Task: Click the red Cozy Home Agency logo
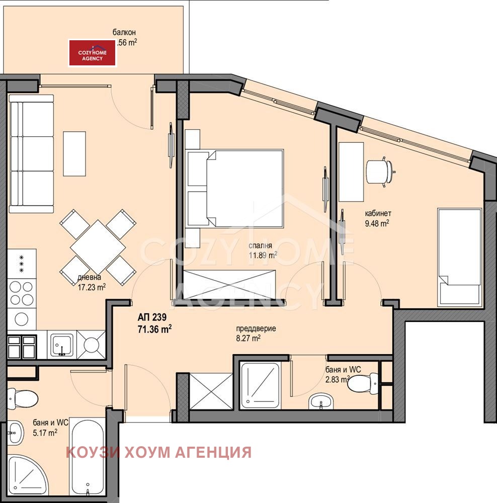pos(93,53)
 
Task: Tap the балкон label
pos(124,33)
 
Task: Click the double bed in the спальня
pos(234,188)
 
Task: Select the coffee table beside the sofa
pos(74,153)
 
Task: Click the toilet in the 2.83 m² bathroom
pos(362,383)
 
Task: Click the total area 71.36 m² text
pos(155,329)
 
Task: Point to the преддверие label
pos(256,329)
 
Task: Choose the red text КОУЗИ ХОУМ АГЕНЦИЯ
pos(158,452)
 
